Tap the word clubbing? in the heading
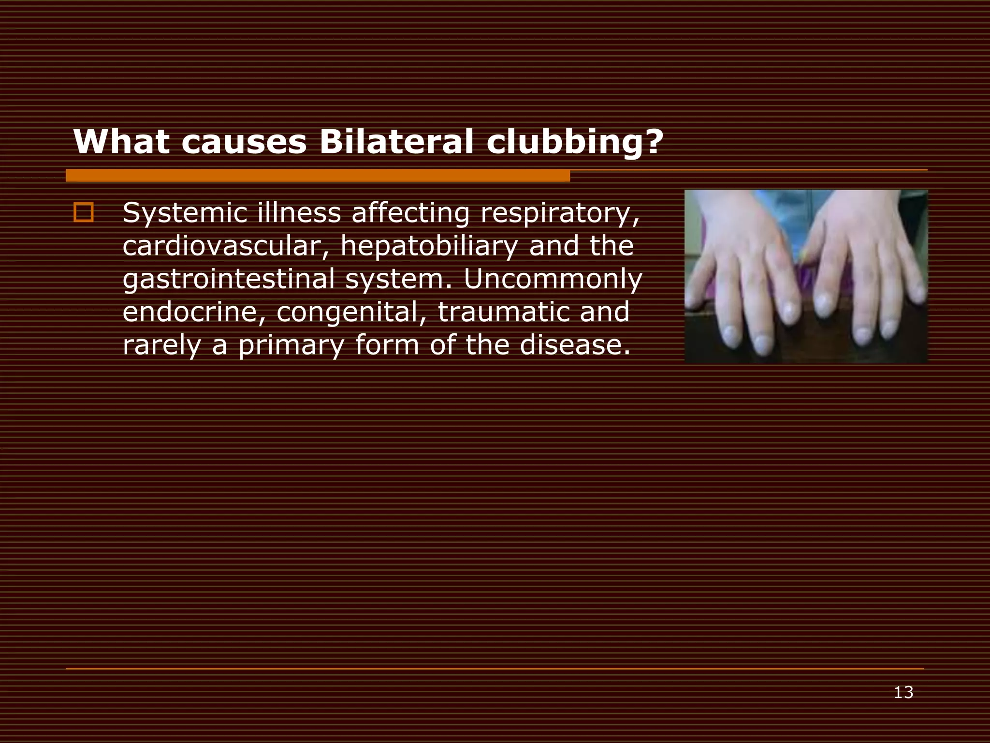(x=575, y=143)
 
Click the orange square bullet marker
(x=84, y=213)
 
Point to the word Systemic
(x=184, y=213)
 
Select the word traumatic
(x=503, y=312)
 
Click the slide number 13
(x=903, y=693)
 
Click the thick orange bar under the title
(x=318, y=176)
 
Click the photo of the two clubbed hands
(x=806, y=276)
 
